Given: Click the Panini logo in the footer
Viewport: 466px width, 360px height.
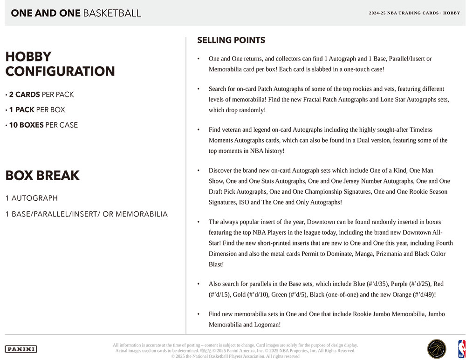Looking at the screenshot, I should [21, 349].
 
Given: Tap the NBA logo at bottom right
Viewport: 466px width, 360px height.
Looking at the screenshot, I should [461, 349].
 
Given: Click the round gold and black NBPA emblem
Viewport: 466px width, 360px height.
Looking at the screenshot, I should [437, 349].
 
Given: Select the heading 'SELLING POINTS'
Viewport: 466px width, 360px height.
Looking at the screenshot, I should [231, 41].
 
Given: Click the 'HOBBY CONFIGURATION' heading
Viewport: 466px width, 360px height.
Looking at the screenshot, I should [60, 64].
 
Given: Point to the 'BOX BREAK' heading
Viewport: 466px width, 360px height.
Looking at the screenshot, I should [42, 176].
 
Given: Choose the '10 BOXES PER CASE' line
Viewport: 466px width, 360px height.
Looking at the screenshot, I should [41, 125].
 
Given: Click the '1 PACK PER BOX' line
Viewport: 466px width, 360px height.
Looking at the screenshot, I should [35, 110].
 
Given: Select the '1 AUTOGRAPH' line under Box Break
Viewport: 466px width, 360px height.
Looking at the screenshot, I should [32, 198].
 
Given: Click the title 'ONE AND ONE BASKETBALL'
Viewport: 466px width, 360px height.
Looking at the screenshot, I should [75, 13].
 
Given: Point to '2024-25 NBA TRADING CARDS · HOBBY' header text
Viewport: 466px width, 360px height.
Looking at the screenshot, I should [414, 13].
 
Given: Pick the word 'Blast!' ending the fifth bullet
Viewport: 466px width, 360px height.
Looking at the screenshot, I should [216, 264].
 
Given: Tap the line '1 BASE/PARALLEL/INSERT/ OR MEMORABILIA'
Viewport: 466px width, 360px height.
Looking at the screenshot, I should [87, 214].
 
